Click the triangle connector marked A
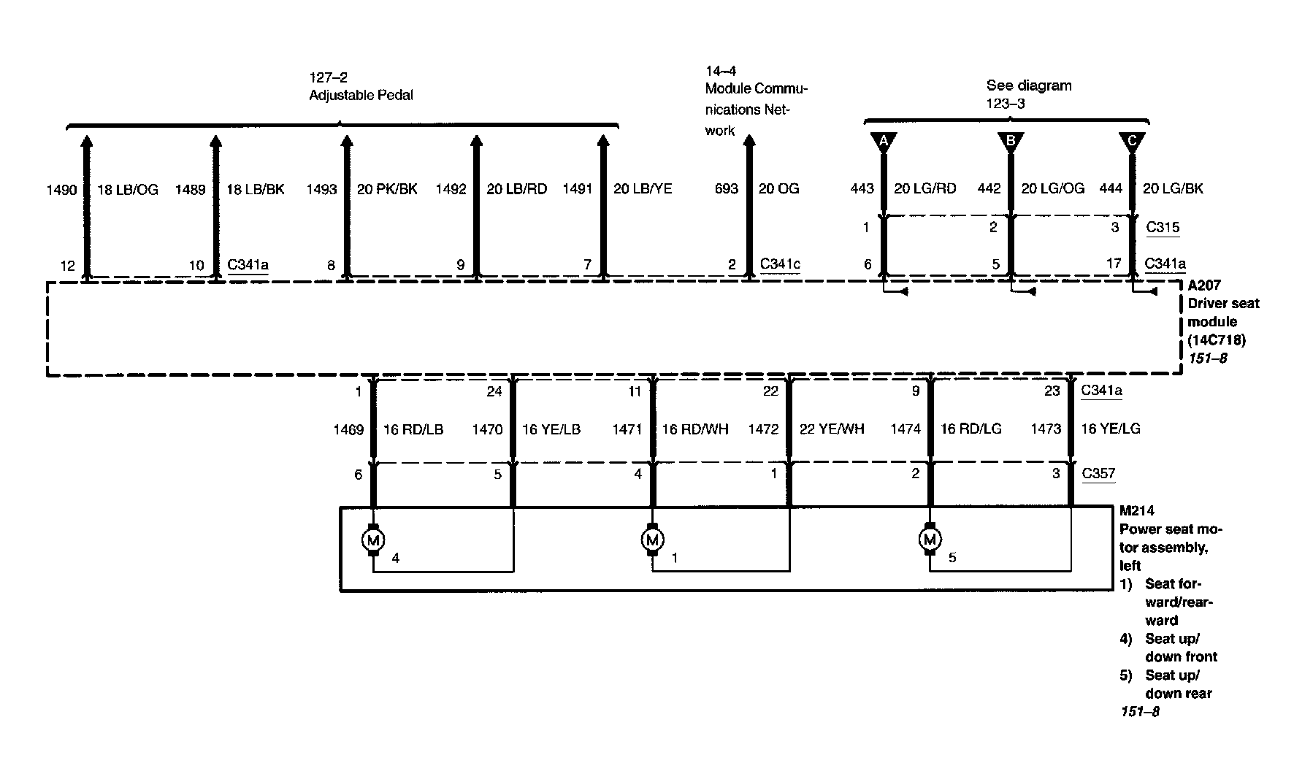point(883,141)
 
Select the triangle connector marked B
point(1011,141)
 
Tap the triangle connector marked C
point(1131,141)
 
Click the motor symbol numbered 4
point(373,540)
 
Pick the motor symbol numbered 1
point(652,540)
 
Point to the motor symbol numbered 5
point(930,540)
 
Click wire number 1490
point(61,190)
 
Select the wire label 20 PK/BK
point(387,189)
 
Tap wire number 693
point(727,188)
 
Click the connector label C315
point(1163,227)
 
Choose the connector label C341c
point(780,264)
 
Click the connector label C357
point(1098,473)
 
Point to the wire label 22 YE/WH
point(832,429)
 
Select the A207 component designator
point(1203,285)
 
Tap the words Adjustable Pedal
point(361,96)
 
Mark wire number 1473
point(1045,429)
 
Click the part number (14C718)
point(1216,340)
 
